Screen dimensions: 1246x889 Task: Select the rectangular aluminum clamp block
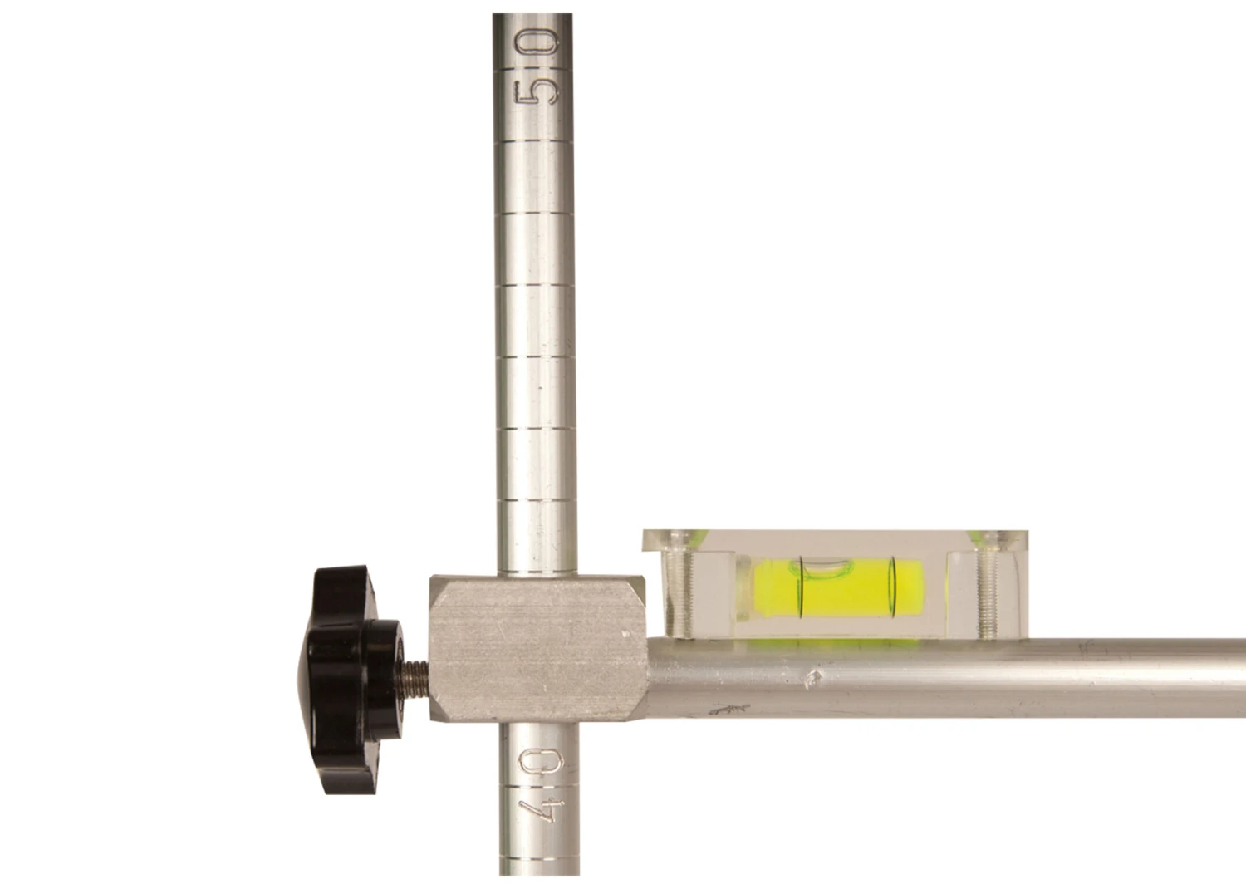point(538,649)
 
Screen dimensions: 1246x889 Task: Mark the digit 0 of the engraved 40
point(541,762)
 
